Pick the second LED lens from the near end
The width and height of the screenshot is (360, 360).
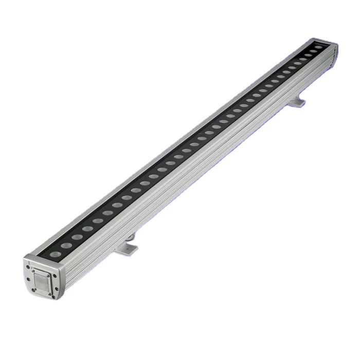(x=66, y=245)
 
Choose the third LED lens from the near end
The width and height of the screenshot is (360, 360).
(x=77, y=238)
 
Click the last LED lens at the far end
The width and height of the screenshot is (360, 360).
(x=319, y=48)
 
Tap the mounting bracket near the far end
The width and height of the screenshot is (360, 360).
(x=297, y=102)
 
